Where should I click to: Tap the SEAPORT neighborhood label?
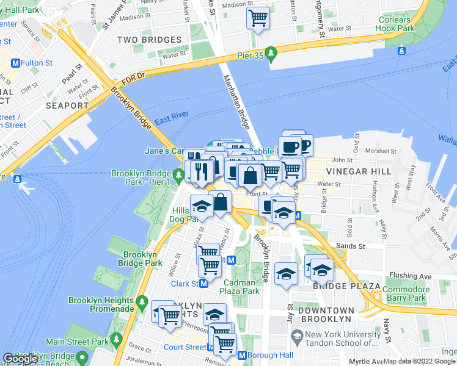click(x=67, y=106)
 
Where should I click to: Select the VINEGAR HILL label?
click(x=359, y=171)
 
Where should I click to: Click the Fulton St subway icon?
click(x=15, y=63)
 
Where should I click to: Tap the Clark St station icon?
click(x=203, y=284)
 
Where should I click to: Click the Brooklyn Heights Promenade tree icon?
click(x=142, y=301)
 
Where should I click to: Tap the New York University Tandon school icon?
click(x=297, y=335)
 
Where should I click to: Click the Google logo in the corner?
click(x=20, y=359)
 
